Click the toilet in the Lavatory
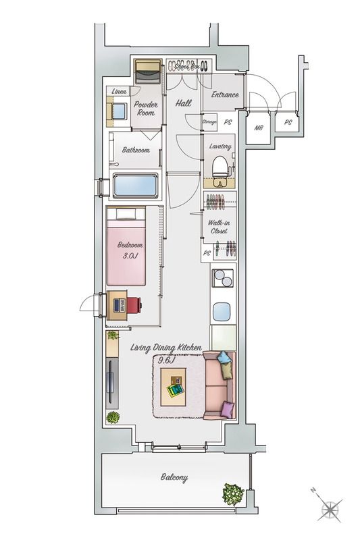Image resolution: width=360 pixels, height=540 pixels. click(219, 171)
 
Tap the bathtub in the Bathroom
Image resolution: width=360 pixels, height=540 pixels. click(135, 186)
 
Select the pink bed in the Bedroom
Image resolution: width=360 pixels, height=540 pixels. click(126, 246)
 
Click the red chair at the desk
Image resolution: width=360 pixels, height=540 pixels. click(134, 305)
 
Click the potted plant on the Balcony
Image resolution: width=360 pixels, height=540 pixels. click(233, 495)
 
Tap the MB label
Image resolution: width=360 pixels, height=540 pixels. click(259, 128)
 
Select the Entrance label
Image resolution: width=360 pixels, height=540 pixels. click(225, 94)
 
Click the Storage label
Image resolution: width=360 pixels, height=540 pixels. click(209, 122)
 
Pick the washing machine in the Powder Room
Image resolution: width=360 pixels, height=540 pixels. click(148, 72)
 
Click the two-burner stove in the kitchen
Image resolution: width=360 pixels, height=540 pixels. click(223, 278)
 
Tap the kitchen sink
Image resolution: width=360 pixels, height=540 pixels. click(221, 311)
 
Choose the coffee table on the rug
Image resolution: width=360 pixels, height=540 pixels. click(174, 387)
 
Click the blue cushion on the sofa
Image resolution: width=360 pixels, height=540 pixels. click(224, 358)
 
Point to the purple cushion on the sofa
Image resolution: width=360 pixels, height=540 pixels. click(227, 410)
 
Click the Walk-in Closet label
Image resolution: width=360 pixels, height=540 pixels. click(219, 227)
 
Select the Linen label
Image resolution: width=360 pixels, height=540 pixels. click(119, 92)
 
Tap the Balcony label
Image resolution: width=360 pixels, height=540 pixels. click(174, 478)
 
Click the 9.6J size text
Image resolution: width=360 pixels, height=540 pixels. click(166, 360)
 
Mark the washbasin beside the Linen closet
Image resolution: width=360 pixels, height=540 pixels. click(119, 111)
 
